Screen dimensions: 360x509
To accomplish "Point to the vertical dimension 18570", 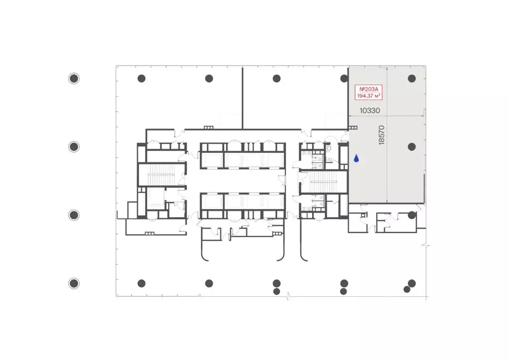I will point(382,135).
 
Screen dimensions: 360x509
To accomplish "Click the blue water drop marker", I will point(356,159).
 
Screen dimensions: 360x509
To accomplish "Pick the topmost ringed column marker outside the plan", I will point(74,78).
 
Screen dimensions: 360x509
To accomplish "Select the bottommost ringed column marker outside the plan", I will point(74,283).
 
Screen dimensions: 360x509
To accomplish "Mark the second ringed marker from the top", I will point(74,147).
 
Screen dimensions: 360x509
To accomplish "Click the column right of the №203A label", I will point(412,78).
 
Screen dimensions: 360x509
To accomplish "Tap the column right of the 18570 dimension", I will point(412,147).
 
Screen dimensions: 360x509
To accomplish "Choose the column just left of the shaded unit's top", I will point(344,78).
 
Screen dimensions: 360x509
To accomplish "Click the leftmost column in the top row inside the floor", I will point(142,78).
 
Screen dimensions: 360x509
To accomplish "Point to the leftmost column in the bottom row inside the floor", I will point(142,283).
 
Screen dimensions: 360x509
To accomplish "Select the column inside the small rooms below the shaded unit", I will point(412,215).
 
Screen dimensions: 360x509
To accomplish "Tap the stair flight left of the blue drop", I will point(324,182).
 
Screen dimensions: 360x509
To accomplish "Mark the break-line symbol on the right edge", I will point(425,245).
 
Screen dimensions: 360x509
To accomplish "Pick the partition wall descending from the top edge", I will point(242,97).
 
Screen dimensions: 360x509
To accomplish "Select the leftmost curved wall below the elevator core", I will point(203,251).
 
